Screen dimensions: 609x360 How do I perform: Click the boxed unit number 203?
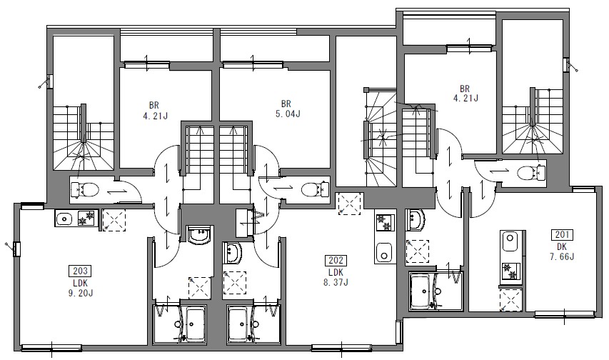(x=80, y=270)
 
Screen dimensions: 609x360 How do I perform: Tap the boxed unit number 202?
(x=336, y=260)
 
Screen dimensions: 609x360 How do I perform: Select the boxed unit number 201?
(x=562, y=234)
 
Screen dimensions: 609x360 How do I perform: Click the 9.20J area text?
(x=81, y=293)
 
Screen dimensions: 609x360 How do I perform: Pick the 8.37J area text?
(x=336, y=282)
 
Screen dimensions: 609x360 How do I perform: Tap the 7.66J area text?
(x=562, y=256)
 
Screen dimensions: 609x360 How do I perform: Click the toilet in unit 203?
(x=85, y=190)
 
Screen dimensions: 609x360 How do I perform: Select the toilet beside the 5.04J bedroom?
(x=316, y=189)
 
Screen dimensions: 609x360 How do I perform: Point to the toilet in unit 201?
(x=532, y=172)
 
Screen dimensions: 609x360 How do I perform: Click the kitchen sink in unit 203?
(x=64, y=219)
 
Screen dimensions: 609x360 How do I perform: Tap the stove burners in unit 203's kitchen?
(x=86, y=218)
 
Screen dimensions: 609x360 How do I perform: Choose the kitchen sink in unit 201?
(x=509, y=241)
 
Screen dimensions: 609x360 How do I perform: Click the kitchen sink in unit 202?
(x=384, y=253)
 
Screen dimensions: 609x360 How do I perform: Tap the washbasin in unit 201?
(x=416, y=221)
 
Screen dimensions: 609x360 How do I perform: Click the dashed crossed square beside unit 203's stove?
(x=114, y=220)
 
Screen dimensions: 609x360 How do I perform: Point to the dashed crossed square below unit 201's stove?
(x=510, y=300)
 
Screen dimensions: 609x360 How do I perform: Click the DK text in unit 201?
(x=562, y=246)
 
